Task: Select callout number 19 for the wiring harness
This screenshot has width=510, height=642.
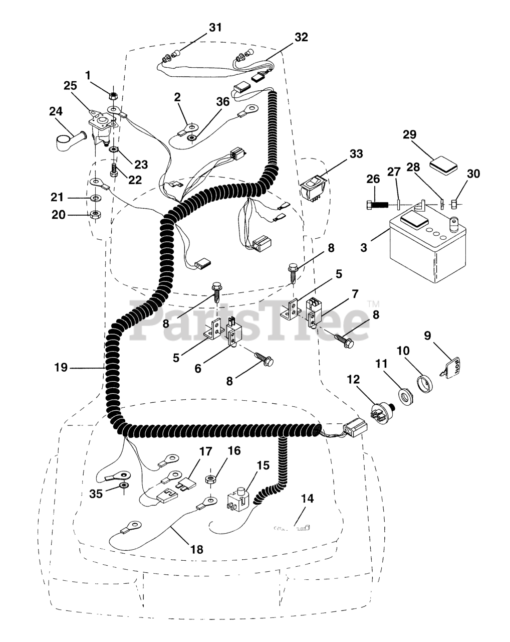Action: click(x=61, y=368)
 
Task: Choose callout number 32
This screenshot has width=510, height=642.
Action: click(x=301, y=37)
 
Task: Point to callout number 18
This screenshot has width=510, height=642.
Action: click(x=197, y=549)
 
